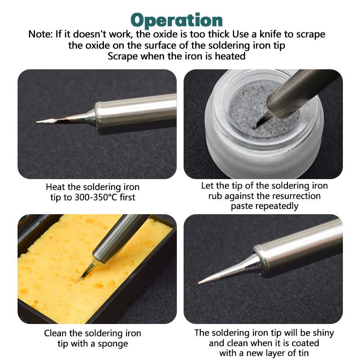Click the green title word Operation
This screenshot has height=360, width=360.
(x=176, y=20)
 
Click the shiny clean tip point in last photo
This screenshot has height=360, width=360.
(x=200, y=283)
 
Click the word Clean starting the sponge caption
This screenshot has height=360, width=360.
(x=55, y=333)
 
